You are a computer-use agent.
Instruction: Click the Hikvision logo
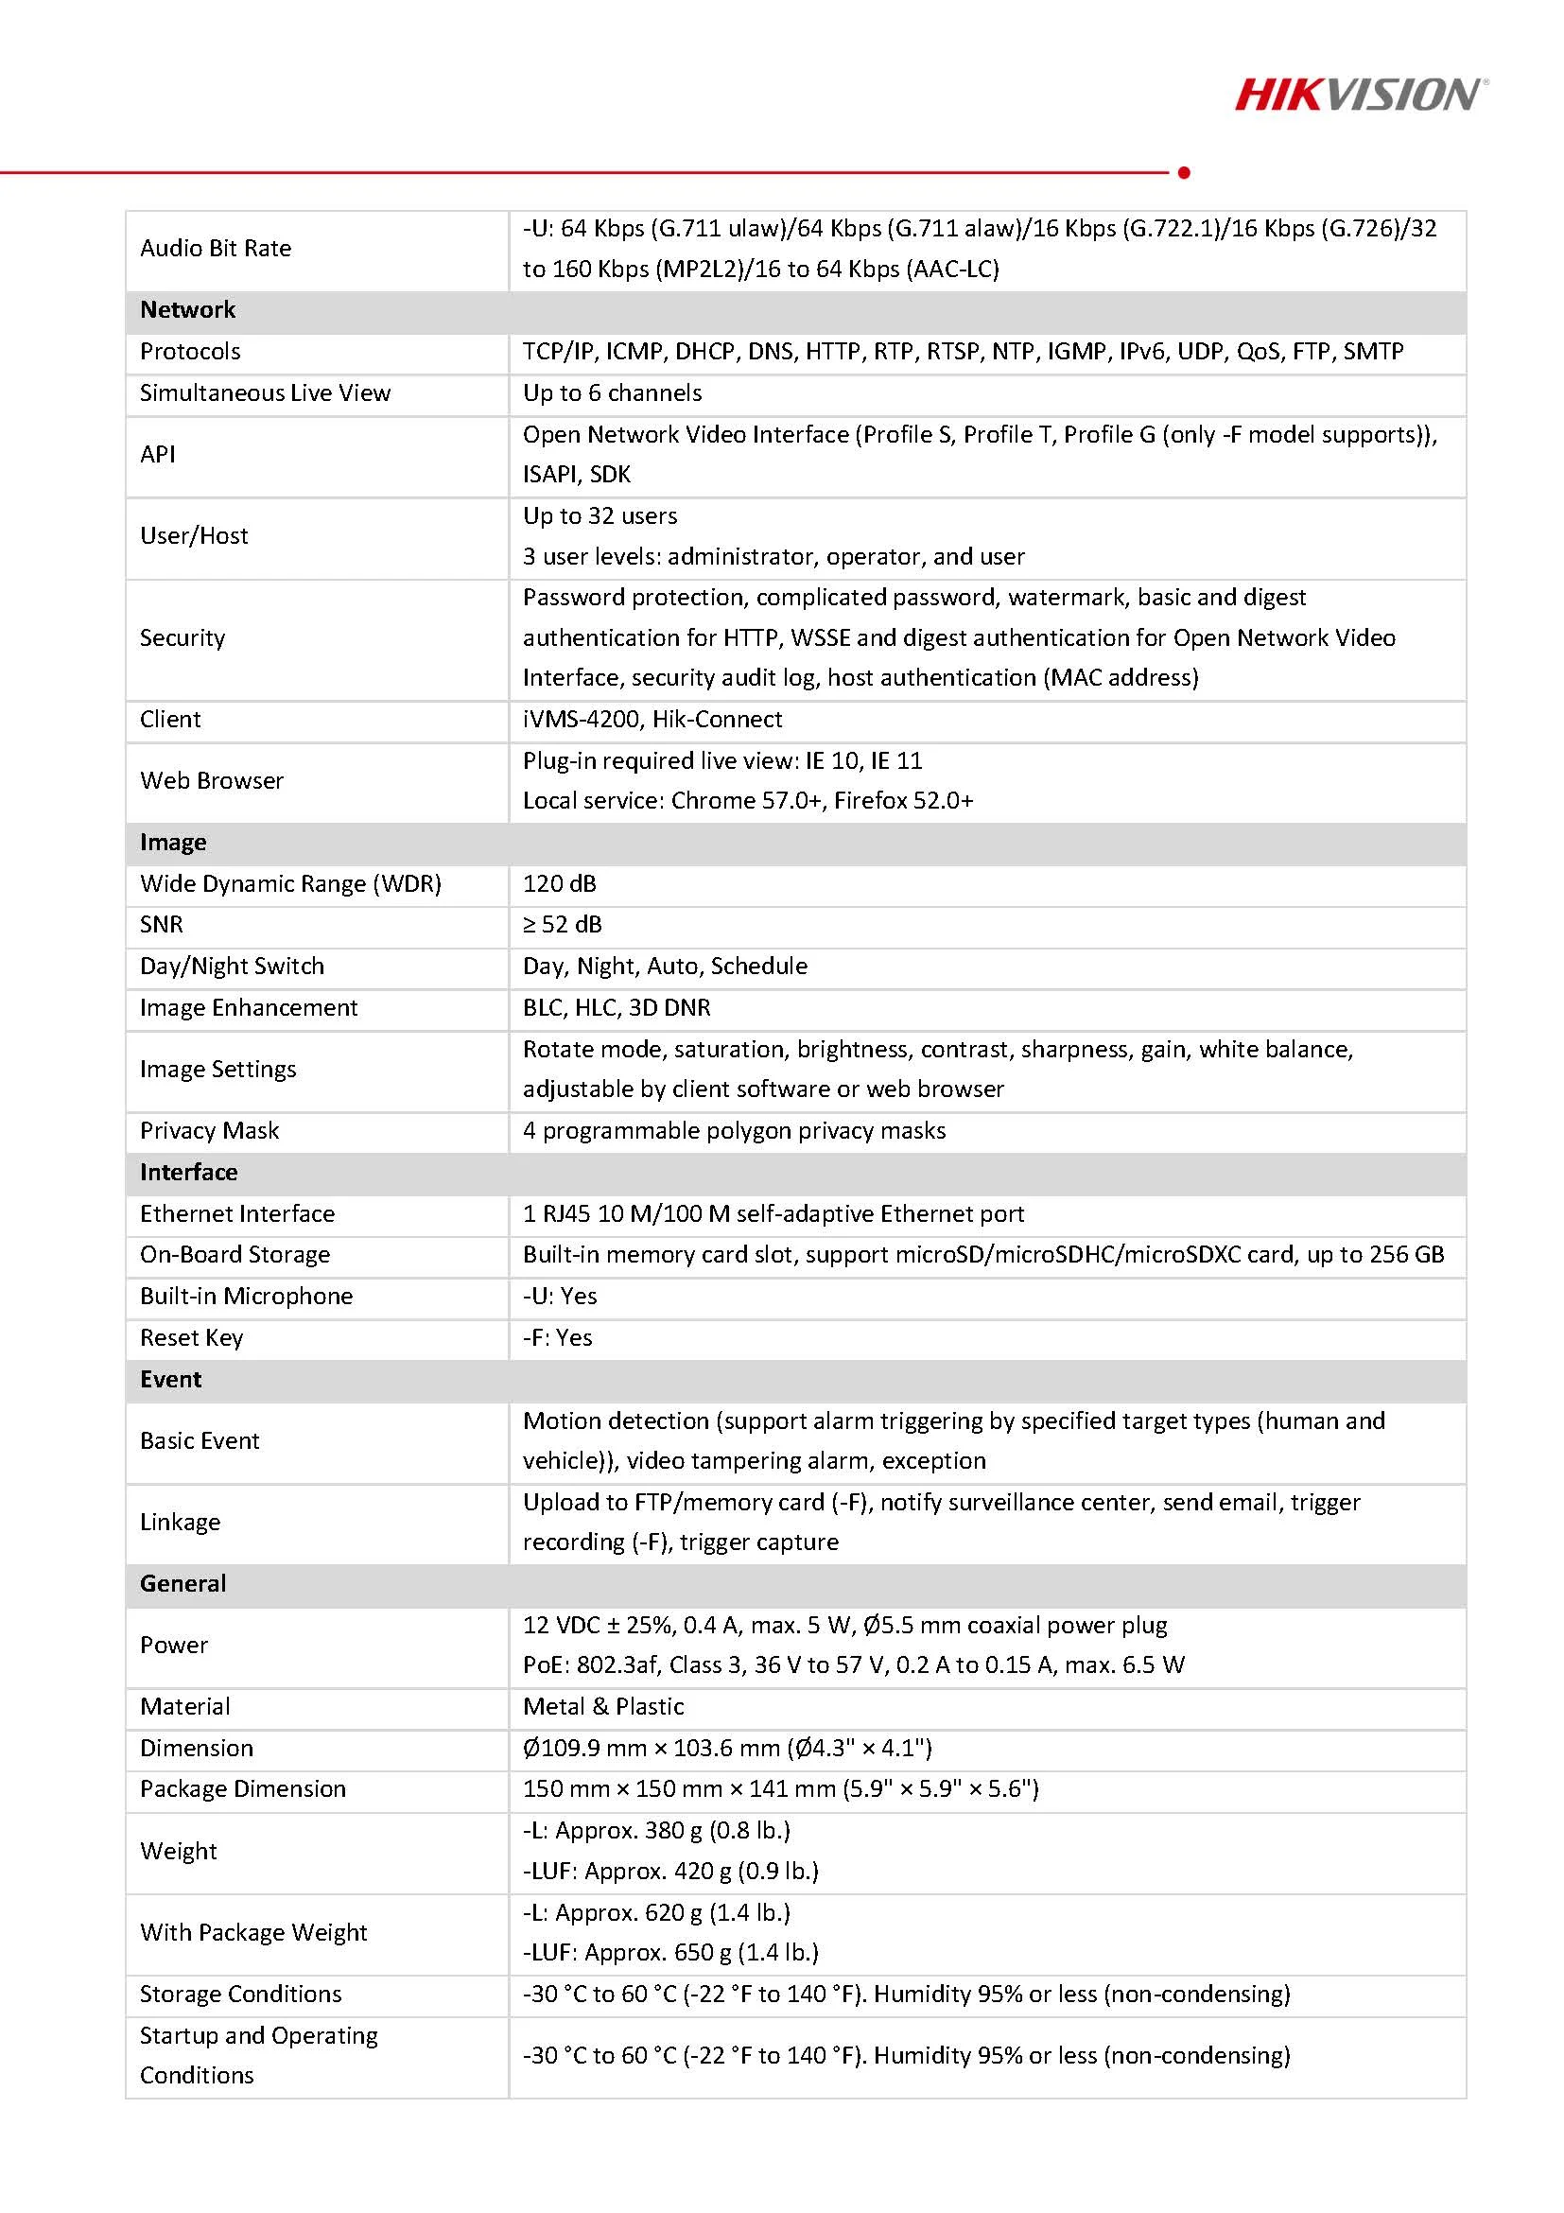(x=1360, y=96)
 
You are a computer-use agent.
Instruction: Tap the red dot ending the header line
(x=1184, y=172)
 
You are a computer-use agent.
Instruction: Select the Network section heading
(x=187, y=310)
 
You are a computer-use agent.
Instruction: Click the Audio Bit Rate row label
(x=215, y=249)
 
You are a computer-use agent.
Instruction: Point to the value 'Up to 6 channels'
(x=612, y=393)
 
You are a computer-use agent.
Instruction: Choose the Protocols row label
(x=190, y=352)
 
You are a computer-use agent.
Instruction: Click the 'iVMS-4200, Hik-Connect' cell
(x=652, y=720)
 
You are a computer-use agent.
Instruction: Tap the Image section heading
(x=172, y=844)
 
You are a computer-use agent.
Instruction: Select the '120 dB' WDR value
(x=559, y=884)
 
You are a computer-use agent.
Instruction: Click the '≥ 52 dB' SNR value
(x=562, y=925)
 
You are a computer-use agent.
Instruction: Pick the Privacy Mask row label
(x=209, y=1130)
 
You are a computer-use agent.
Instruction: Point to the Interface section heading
(x=188, y=1173)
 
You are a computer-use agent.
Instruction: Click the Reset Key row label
(x=191, y=1338)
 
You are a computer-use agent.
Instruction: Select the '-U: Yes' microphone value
(x=560, y=1297)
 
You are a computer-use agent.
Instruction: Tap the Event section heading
(x=170, y=1380)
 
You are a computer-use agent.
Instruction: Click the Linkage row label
(x=181, y=1523)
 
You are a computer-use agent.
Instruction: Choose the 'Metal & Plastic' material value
(x=603, y=1707)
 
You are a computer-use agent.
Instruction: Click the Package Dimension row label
(x=242, y=1789)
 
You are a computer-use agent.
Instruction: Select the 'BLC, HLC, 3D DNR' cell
(x=617, y=1008)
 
